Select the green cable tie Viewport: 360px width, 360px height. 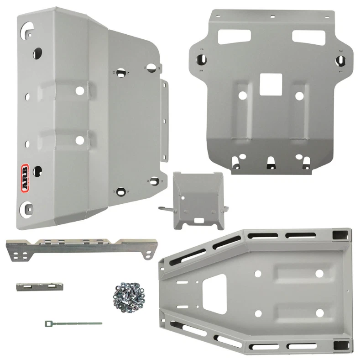coord(73,323)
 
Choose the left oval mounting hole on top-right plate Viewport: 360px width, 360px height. coord(201,59)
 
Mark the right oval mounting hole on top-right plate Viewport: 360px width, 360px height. coord(341,59)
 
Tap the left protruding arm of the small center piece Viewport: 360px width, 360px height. coord(165,208)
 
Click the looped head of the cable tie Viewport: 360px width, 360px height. coord(48,323)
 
